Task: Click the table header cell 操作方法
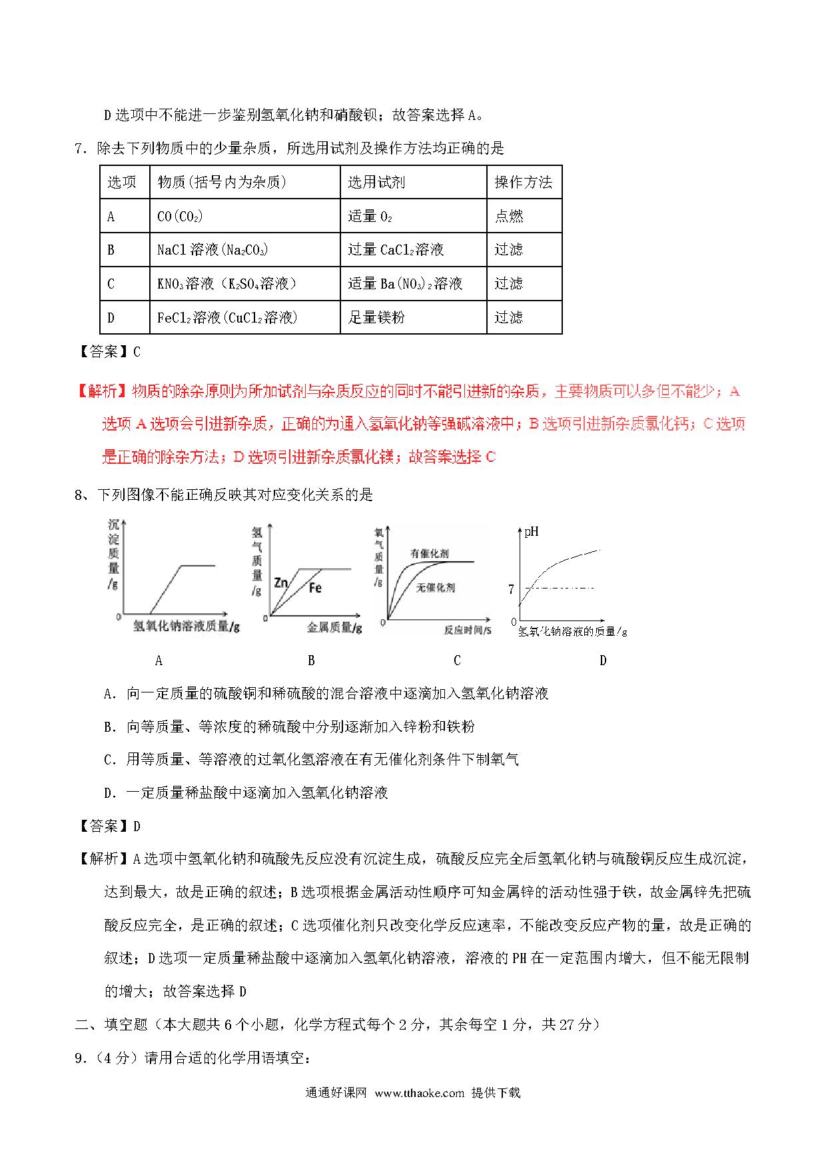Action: point(524,182)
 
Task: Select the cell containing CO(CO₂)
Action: point(180,216)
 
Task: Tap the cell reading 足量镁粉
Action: point(376,317)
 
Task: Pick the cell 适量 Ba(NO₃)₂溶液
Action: point(405,284)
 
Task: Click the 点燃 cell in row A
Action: point(509,216)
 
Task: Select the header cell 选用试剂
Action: point(376,182)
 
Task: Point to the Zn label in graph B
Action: point(281,583)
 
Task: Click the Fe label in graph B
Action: point(315,588)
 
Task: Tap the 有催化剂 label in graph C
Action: point(429,553)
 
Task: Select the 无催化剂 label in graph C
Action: point(436,588)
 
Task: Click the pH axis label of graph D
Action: point(532,532)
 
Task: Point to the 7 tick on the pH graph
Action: point(511,589)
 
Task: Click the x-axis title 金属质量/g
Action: point(334,628)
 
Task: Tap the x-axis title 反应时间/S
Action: point(468,630)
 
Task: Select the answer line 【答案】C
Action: point(107,352)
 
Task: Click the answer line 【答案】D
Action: point(107,826)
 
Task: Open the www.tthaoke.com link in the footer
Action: point(419,1111)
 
